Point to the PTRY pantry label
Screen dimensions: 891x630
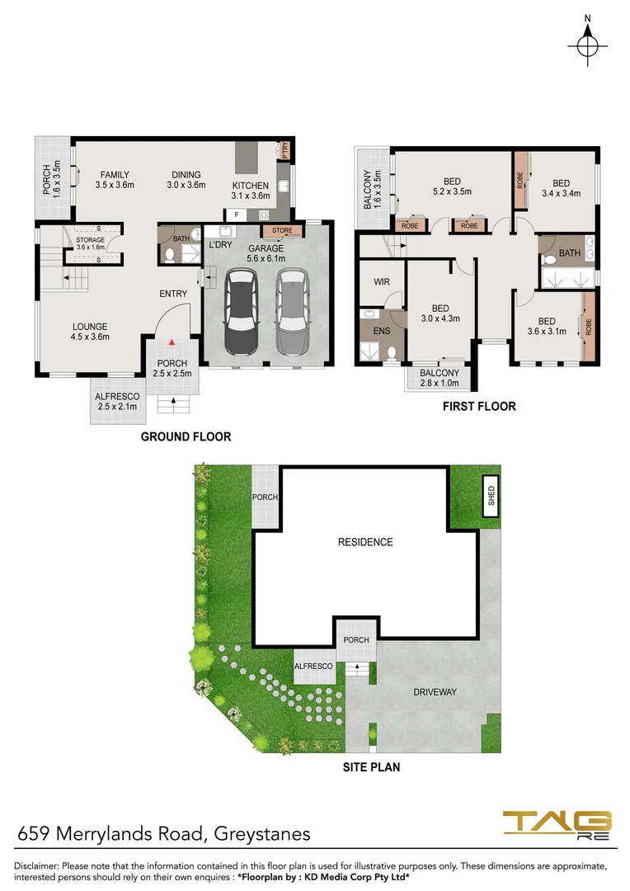[x=284, y=149]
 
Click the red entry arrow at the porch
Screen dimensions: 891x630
[x=172, y=340]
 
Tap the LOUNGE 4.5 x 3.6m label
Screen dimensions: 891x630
[x=89, y=331]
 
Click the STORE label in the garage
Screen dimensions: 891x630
[x=282, y=230]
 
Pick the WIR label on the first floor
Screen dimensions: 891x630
[x=381, y=282]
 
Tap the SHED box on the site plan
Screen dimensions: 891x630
[x=491, y=496]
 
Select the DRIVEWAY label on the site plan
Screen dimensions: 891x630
[x=435, y=691]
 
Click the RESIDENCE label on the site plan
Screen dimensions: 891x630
[x=365, y=542]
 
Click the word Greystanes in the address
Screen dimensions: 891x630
[x=262, y=833]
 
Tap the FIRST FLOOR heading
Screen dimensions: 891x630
[x=479, y=406]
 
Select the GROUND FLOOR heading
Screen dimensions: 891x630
[x=186, y=436]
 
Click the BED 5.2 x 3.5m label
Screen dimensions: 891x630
[x=452, y=186]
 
